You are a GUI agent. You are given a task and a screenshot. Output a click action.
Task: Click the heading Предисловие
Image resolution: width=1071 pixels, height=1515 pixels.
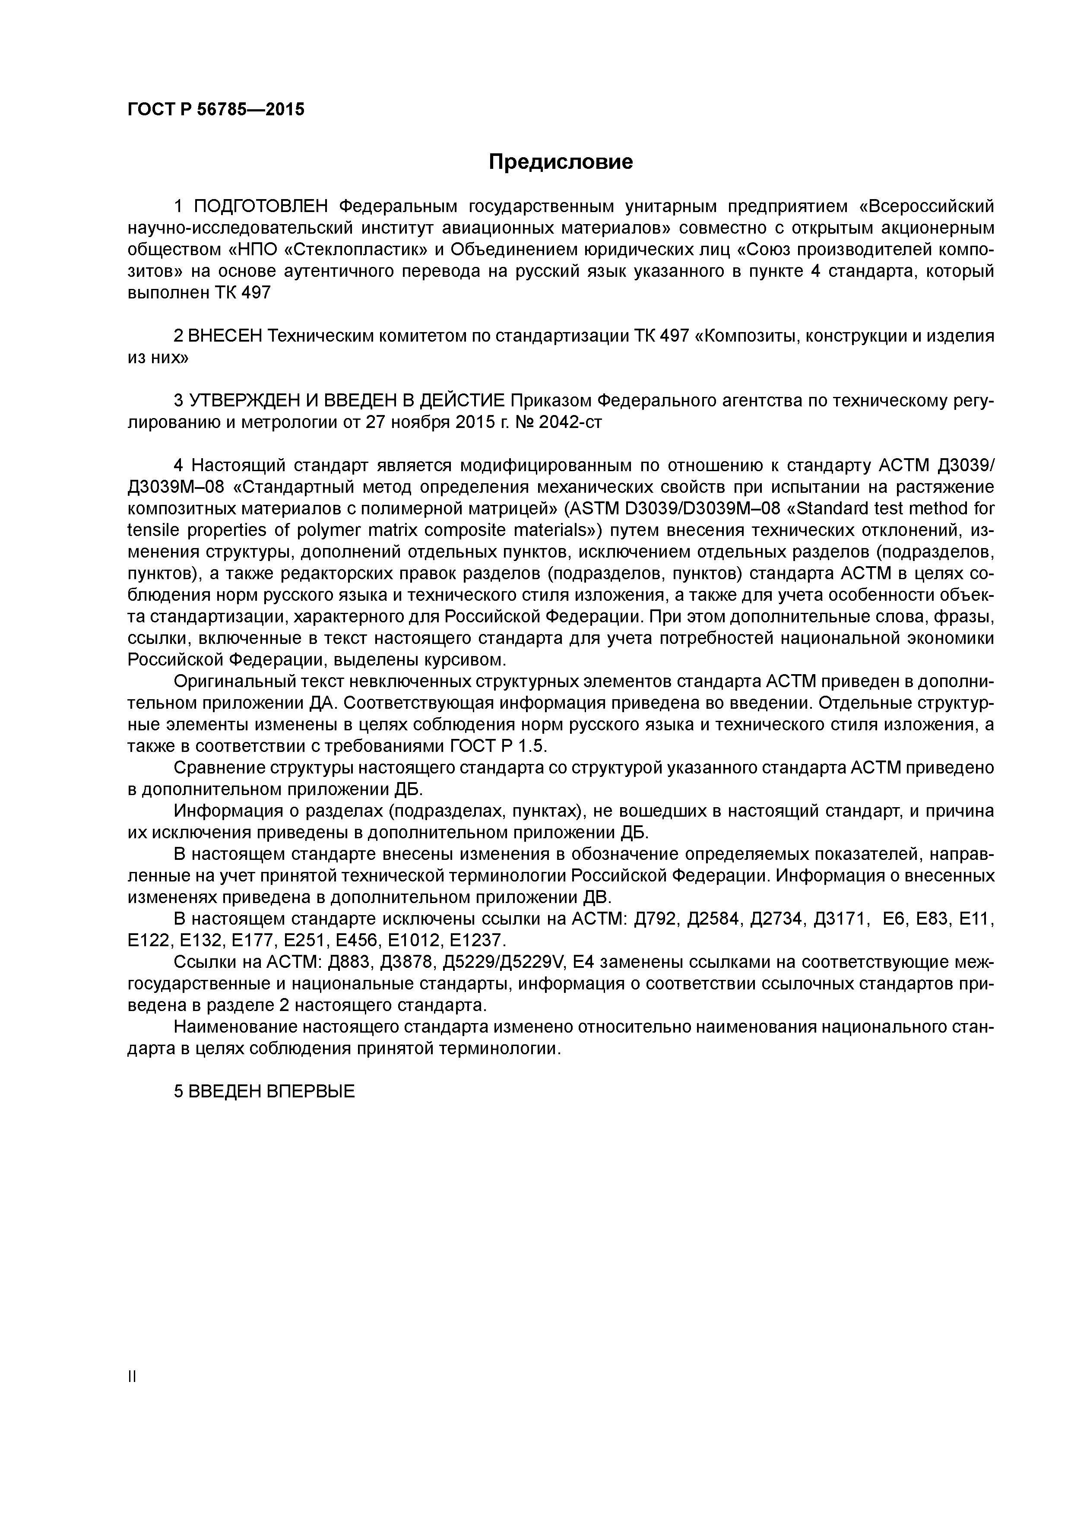pyautogui.click(x=560, y=162)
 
